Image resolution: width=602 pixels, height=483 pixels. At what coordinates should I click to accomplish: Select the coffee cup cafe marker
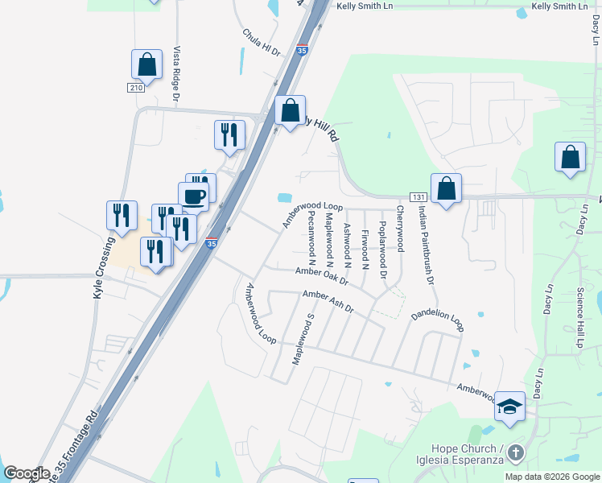pyautogui.click(x=193, y=196)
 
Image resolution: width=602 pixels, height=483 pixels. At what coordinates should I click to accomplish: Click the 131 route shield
pyautogui.click(x=417, y=197)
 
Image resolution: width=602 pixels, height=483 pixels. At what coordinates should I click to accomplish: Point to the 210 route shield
pyautogui.click(x=135, y=87)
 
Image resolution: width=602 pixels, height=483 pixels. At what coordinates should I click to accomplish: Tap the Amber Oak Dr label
pyautogui.click(x=321, y=276)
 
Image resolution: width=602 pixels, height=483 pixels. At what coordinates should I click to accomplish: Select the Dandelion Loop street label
pyautogui.click(x=437, y=322)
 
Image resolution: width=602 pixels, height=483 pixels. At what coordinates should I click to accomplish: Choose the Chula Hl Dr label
pyautogui.click(x=261, y=43)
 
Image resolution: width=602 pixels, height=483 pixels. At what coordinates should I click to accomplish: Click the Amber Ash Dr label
pyautogui.click(x=328, y=302)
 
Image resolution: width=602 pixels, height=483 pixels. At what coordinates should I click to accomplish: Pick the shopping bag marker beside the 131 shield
pyautogui.click(x=446, y=188)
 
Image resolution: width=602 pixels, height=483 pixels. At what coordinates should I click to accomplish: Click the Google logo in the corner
pyautogui.click(x=27, y=473)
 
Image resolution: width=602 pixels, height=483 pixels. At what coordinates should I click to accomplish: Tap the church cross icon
pyautogui.click(x=515, y=453)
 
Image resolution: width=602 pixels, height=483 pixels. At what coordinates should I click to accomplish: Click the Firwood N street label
pyautogui.click(x=365, y=250)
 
